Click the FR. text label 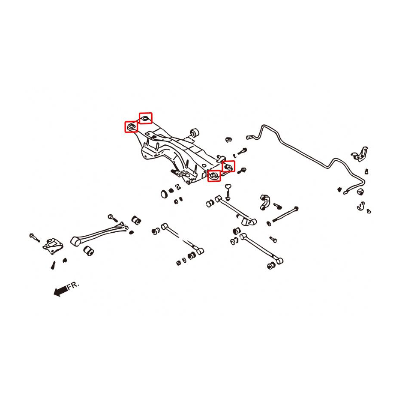[x=74, y=285]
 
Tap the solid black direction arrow [x=60, y=290]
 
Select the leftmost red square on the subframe [x=131, y=127]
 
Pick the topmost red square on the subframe [x=146, y=118]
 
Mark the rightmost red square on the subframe [x=228, y=166]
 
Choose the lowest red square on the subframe [x=214, y=176]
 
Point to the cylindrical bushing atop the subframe [x=195, y=132]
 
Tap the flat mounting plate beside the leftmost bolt [x=53, y=246]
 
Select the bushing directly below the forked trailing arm [x=89, y=250]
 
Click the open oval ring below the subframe [x=164, y=194]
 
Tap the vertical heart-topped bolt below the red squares [x=228, y=192]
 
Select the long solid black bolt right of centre [x=285, y=214]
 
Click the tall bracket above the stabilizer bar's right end [x=360, y=154]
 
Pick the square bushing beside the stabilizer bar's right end [x=360, y=191]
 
